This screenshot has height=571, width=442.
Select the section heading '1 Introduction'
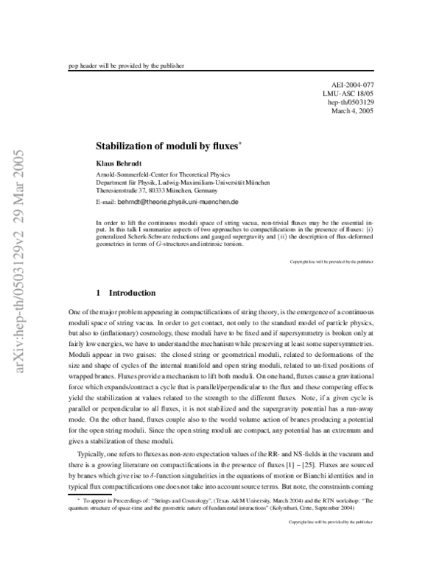tap(126, 292)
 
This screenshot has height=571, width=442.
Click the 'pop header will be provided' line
tap(125, 65)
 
